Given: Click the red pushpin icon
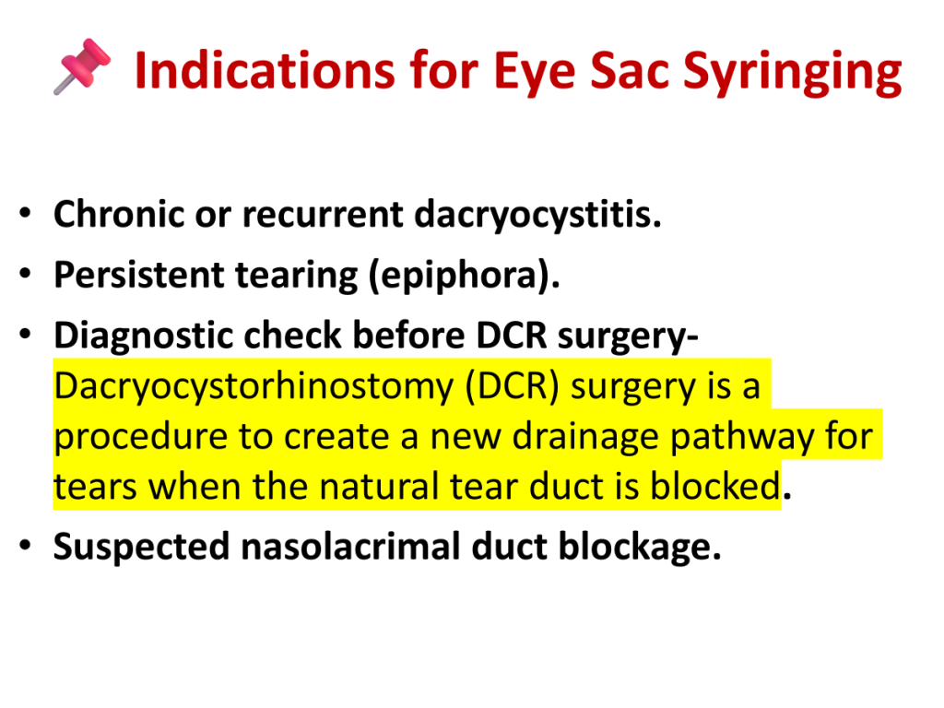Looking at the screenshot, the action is coord(82,66).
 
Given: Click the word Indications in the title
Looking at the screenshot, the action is coord(265,70).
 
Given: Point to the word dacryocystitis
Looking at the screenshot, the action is coord(537,214).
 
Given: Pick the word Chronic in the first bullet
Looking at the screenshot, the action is coord(119,214).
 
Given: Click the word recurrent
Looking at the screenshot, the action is coord(323,215).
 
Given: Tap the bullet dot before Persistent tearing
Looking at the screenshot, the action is coord(25,274).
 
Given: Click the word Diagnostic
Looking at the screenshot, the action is coord(143,336).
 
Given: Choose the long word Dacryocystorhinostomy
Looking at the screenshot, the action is coord(254,386).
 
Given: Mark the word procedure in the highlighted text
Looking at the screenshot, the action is coord(141,437).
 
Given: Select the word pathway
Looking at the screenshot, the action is coord(742,437).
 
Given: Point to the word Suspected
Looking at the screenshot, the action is coord(141,548).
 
